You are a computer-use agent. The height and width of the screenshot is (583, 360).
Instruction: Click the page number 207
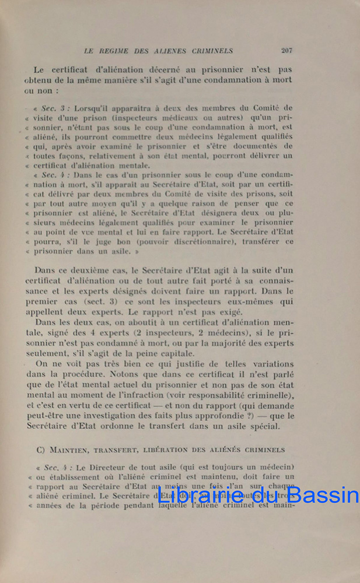(x=286, y=50)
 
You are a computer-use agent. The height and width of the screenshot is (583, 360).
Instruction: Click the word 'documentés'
(x=265, y=146)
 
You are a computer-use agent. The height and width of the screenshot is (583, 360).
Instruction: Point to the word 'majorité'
(x=233, y=343)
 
